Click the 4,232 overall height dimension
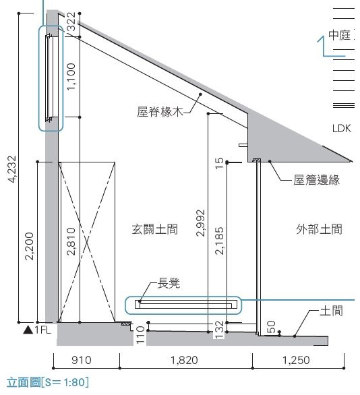(x=12, y=169)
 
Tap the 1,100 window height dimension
(x=71, y=77)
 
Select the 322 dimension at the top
(x=71, y=22)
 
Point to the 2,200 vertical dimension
(x=29, y=246)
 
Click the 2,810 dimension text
(x=71, y=241)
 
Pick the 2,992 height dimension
(x=200, y=223)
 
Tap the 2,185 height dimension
(x=219, y=241)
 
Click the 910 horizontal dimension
(x=82, y=360)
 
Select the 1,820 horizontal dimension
(x=184, y=360)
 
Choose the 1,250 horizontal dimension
(x=296, y=360)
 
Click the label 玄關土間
(x=154, y=229)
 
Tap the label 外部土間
(x=319, y=229)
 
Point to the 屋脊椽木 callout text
(x=160, y=112)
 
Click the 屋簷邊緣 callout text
(x=316, y=180)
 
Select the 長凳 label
(x=169, y=283)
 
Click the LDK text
(x=341, y=129)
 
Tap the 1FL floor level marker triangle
(x=28, y=330)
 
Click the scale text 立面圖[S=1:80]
(x=48, y=382)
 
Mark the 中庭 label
(x=340, y=35)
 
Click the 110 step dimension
(x=140, y=335)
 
